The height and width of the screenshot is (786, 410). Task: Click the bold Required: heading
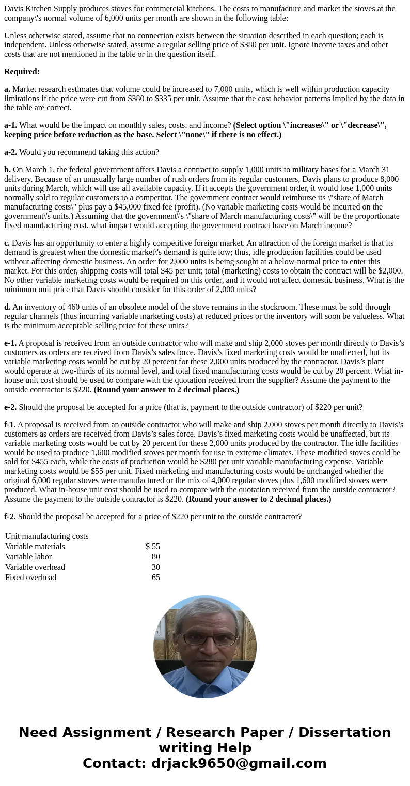pyautogui.click(x=22, y=72)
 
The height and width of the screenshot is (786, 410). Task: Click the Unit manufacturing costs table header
pyautogui.click(x=47, y=536)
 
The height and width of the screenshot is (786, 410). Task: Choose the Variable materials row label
pyautogui.click(x=35, y=547)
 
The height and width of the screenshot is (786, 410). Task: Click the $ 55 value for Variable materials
pyautogui.click(x=153, y=547)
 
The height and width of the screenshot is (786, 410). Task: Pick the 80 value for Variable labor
pyautogui.click(x=155, y=557)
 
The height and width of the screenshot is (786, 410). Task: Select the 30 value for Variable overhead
pyautogui.click(x=155, y=567)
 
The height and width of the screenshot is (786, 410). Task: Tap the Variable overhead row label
pyautogui.click(x=35, y=567)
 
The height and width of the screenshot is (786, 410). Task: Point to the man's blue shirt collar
pyautogui.click(x=205, y=680)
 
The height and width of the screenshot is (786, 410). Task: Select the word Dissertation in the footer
pyautogui.click(x=344, y=733)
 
